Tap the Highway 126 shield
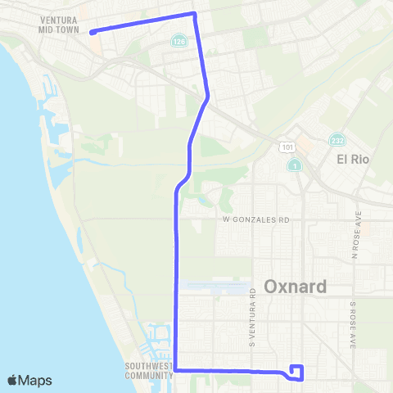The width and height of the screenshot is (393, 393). pos(178,40)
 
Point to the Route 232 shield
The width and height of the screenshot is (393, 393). pos(337,141)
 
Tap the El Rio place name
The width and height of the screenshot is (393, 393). pos(355,160)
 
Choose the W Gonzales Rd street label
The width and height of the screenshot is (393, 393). pos(256,220)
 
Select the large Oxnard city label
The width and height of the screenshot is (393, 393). pos(296,287)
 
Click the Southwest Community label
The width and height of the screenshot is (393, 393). pos(148,371)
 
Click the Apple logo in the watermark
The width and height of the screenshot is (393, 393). pos(14,380)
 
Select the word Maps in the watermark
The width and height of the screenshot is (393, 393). pos(37,380)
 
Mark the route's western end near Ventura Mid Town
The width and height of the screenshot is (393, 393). pos(91,33)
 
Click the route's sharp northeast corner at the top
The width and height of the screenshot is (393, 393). pos(194,13)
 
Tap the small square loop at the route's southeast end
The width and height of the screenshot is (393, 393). pos(296,373)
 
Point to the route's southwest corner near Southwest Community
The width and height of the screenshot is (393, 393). pos(176,370)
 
